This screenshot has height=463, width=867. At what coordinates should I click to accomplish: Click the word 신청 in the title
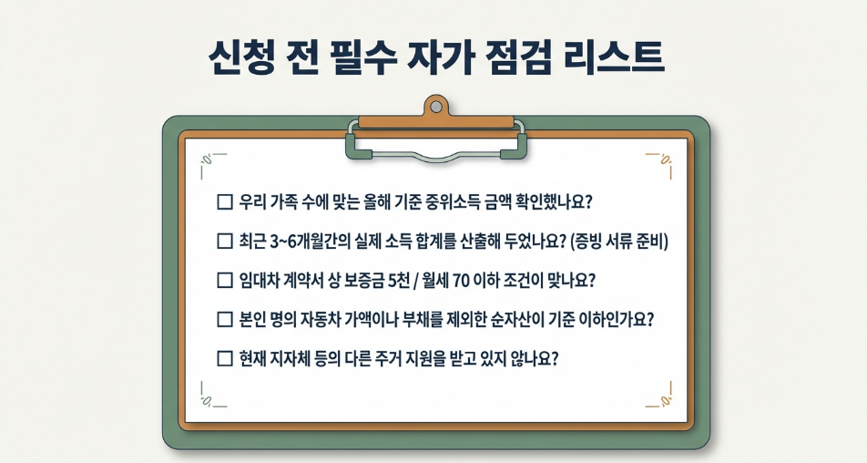241,57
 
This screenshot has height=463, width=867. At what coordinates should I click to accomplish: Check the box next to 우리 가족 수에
225,201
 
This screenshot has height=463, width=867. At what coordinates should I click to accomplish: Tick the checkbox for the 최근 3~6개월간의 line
225,242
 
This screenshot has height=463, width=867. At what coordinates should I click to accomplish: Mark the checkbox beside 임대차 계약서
225,280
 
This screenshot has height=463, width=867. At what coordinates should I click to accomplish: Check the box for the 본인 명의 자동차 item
225,319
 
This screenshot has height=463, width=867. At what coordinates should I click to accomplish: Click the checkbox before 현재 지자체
225,358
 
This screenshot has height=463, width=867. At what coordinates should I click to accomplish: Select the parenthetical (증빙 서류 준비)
619,242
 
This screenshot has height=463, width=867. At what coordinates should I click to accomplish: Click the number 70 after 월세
461,281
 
